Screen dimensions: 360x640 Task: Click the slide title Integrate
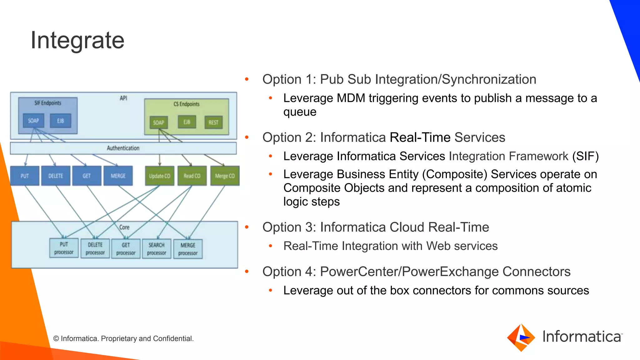77,40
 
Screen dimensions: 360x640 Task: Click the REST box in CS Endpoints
213,122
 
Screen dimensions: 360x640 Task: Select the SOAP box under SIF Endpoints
33,121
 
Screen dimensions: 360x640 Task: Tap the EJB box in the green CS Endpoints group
187,122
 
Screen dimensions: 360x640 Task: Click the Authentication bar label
123,148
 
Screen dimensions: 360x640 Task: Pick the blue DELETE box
56,176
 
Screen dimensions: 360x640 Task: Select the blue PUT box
25,176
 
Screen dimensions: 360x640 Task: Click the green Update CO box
159,176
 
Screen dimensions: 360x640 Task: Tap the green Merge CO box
225,176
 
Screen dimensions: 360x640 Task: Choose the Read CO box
192,176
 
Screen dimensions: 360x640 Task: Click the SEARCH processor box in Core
157,249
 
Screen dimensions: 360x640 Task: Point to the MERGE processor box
188,249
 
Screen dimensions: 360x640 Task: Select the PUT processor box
64,248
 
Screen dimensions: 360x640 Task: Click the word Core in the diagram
124,227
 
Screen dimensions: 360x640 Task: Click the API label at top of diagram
123,98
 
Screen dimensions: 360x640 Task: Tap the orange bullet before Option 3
247,227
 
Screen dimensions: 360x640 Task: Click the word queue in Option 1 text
300,112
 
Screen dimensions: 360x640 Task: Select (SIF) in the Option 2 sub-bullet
585,156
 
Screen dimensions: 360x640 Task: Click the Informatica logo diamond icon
521,337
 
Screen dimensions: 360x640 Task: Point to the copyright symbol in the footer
56,339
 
